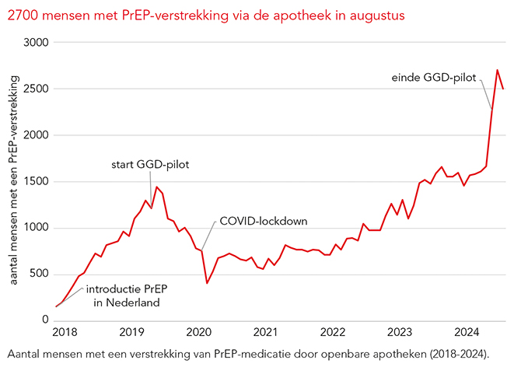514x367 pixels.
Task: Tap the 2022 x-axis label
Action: [332, 332]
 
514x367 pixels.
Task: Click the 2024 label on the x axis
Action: [467, 332]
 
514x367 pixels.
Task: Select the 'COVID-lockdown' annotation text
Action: [264, 222]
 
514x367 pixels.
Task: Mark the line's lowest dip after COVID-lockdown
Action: [207, 282]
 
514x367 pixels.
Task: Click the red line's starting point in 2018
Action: [57, 306]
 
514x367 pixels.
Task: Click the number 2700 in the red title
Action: [22, 15]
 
